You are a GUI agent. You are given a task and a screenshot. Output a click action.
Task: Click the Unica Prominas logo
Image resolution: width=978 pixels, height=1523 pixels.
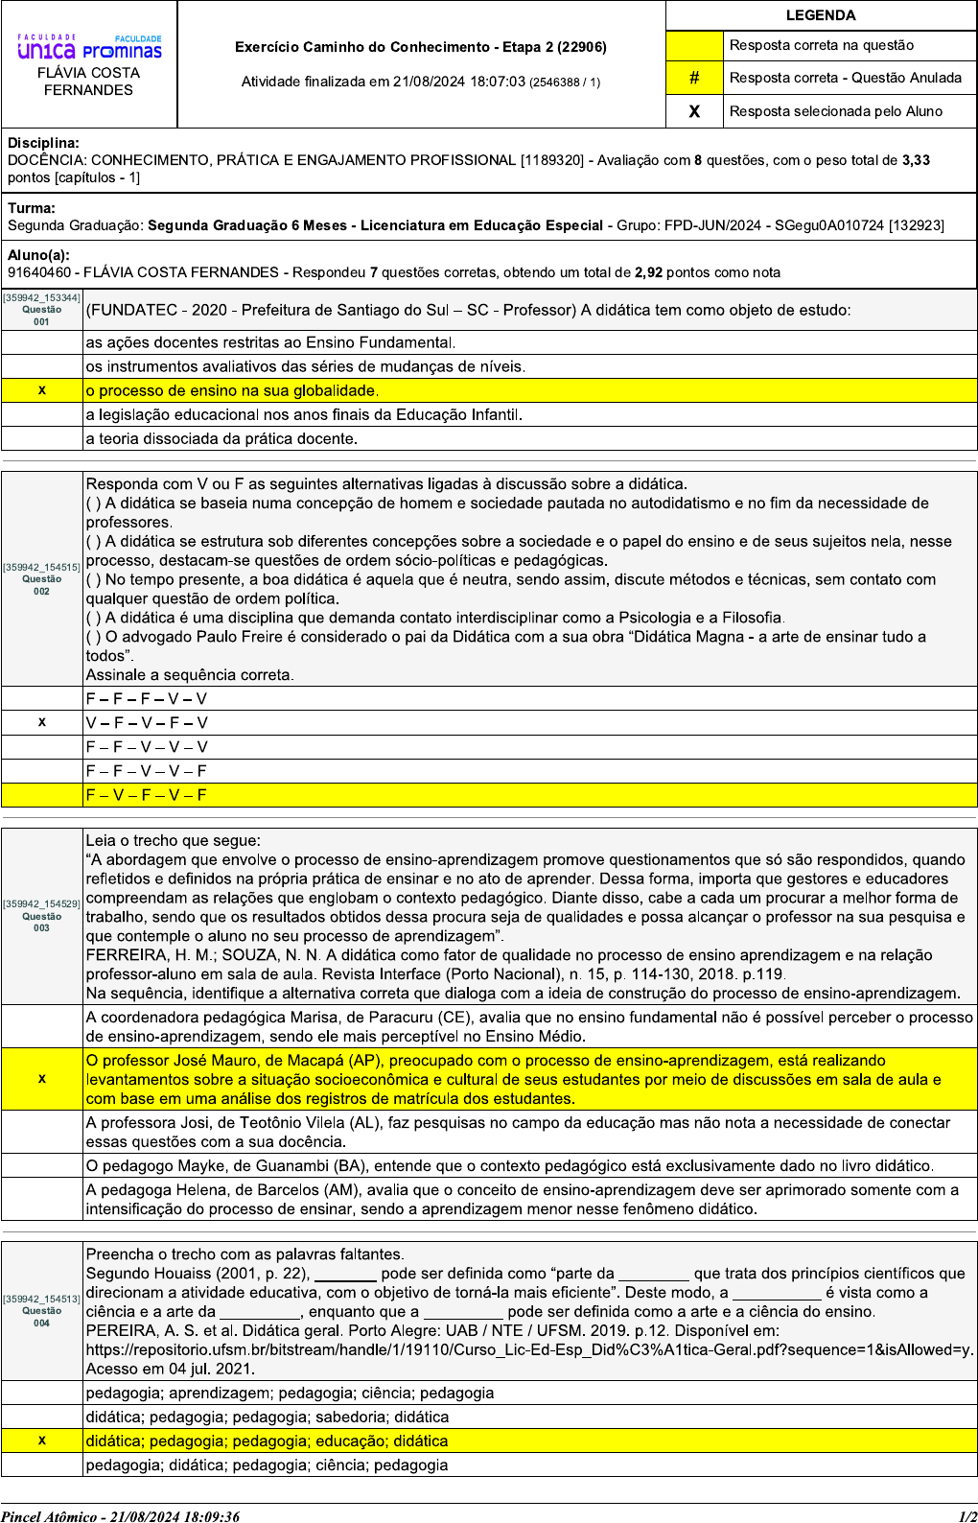(x=89, y=48)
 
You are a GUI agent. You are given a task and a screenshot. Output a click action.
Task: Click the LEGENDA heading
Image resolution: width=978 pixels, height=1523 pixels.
(x=821, y=15)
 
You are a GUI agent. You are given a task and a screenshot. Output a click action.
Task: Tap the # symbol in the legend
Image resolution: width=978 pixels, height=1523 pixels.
(x=694, y=78)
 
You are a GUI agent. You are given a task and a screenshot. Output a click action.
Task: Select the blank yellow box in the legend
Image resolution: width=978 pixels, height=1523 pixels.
(x=694, y=45)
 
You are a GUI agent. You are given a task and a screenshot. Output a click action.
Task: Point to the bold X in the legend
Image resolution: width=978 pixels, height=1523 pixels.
(x=694, y=111)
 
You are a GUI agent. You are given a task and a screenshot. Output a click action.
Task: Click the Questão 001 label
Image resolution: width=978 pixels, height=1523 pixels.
(x=41, y=316)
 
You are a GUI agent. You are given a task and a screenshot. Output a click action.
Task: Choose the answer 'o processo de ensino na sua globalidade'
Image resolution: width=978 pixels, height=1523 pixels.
(x=232, y=390)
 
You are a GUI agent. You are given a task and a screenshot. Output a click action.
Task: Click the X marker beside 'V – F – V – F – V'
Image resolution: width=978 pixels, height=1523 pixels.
(x=41, y=722)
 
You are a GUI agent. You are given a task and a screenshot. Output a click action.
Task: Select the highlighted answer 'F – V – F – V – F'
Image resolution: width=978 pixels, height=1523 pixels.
(x=146, y=795)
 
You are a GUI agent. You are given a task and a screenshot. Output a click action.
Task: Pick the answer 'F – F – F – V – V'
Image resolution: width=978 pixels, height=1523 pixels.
(x=146, y=699)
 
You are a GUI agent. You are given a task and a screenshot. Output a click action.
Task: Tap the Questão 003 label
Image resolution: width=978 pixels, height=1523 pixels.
(x=41, y=922)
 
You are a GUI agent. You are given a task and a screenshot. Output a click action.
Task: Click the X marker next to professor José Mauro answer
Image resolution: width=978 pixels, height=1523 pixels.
(x=41, y=1079)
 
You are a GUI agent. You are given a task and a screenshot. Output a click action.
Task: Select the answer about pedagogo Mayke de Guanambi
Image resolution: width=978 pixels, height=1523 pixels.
(x=508, y=1165)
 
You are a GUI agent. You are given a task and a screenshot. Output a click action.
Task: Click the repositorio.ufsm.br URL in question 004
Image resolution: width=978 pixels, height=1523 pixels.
(x=527, y=1349)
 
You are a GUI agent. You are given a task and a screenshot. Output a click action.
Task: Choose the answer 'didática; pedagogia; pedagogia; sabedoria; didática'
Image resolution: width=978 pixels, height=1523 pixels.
(x=267, y=1417)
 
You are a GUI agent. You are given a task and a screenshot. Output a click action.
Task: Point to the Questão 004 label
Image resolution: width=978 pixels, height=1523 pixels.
(x=41, y=1316)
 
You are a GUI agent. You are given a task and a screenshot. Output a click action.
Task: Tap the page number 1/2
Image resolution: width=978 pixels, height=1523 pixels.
(x=966, y=1516)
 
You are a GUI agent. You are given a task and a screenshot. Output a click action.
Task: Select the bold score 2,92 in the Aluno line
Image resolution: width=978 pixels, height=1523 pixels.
(x=648, y=272)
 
